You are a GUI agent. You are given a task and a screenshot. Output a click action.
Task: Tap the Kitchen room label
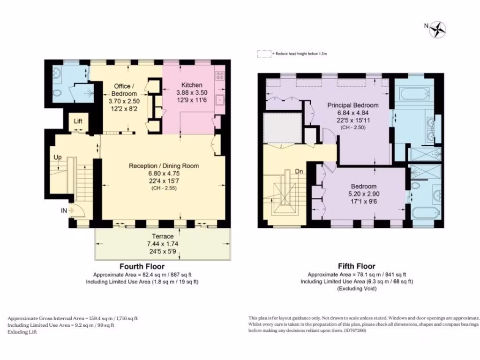pyautogui.click(x=192, y=85)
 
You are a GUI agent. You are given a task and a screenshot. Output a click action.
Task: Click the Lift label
pyautogui.click(x=78, y=121)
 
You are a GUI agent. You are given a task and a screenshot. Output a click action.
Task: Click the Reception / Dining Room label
pyautogui.click(x=164, y=165)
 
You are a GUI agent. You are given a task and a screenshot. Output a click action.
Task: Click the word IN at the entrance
pyautogui.click(x=63, y=211)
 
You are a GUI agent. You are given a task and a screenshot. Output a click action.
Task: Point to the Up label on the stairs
pyautogui.click(x=57, y=156)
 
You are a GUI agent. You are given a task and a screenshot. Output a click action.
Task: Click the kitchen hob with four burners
pyautogui.click(x=219, y=75)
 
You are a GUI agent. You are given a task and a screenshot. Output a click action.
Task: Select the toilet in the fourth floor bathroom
pyautogui.click(x=57, y=94)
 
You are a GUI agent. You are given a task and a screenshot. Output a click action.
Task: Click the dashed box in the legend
pyautogui.click(x=264, y=54)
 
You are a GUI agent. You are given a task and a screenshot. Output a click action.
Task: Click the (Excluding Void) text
pyautogui.click(x=357, y=289)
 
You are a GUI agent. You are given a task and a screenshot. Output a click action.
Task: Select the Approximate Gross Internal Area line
pyautogui.click(x=73, y=318)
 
